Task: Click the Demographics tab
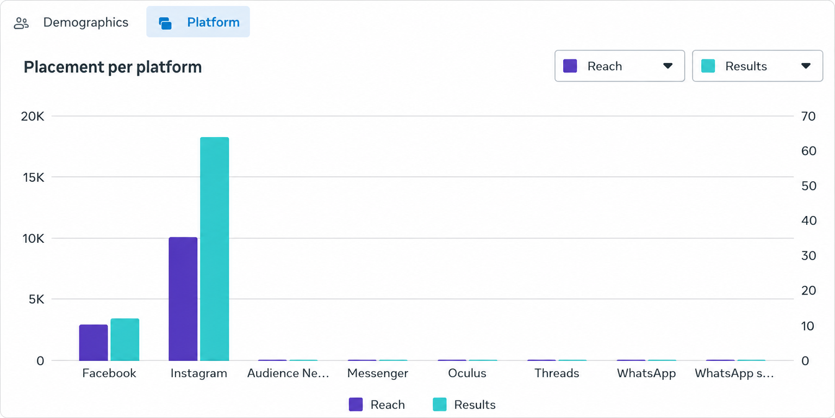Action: coord(71,22)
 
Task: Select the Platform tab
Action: coord(198,22)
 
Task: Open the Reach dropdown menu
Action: coord(620,66)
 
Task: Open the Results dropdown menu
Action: coord(757,66)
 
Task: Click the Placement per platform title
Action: coord(113,67)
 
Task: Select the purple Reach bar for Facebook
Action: coord(93,342)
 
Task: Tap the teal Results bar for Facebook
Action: coord(125,340)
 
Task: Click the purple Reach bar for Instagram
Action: coord(183,299)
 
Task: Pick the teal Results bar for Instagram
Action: coord(214,249)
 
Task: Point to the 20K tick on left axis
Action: coord(33,116)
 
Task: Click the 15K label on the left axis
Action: coord(33,177)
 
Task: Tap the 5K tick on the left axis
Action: coord(36,299)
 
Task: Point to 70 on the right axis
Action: coord(808,116)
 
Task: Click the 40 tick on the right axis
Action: coord(809,220)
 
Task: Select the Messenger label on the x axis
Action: coord(378,373)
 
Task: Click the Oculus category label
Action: coord(467,373)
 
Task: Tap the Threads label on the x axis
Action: coord(557,373)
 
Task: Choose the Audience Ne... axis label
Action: coord(288,373)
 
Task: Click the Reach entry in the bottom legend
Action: coord(377,404)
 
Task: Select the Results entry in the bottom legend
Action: coord(464,404)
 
